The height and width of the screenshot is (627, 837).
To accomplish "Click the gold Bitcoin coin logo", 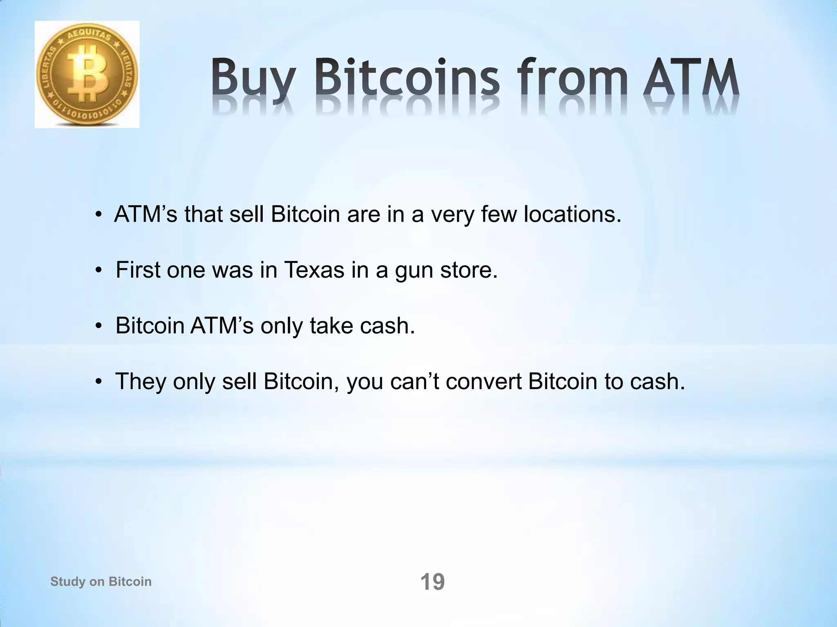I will tap(87, 75).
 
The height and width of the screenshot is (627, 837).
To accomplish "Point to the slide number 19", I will tap(432, 582).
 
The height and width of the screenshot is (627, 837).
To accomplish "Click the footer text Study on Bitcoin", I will tap(101, 581).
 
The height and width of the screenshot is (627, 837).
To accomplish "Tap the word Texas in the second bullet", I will tap(314, 270).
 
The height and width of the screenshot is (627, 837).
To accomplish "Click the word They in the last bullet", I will tap(141, 381).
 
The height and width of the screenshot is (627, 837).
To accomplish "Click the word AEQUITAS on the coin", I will tap(89, 37).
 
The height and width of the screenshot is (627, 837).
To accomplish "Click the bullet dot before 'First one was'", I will tap(98, 271).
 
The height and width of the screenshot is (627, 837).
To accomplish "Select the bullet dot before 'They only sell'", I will tap(98, 382).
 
